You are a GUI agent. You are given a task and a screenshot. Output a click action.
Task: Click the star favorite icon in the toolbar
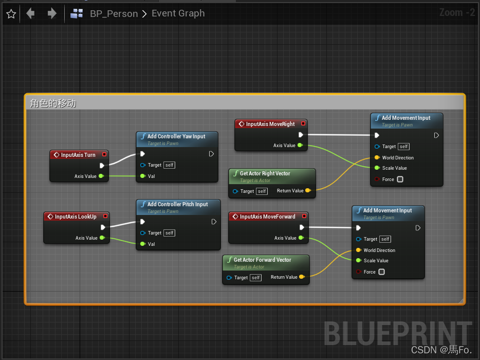(x=11, y=14)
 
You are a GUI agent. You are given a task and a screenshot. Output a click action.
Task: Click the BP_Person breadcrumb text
(x=114, y=14)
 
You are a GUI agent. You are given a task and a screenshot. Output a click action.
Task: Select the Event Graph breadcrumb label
(x=178, y=13)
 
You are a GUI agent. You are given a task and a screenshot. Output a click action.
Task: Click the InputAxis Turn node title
(x=78, y=155)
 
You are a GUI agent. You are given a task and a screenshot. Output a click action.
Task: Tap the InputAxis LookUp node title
(x=76, y=217)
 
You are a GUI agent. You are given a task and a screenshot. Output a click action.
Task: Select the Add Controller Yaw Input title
(x=176, y=136)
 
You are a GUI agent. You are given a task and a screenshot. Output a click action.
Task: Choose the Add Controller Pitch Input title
(x=178, y=204)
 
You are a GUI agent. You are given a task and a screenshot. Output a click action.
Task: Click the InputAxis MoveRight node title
(x=270, y=124)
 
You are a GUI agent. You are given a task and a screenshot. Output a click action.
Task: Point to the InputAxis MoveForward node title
(x=267, y=217)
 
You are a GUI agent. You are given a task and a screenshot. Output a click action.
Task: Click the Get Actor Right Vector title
(x=265, y=173)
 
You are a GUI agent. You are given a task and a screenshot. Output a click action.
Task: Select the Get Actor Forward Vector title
(x=262, y=260)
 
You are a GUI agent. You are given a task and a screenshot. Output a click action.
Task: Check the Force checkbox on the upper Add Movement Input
(x=400, y=179)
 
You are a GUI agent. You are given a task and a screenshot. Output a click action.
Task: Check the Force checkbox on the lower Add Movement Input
(x=381, y=272)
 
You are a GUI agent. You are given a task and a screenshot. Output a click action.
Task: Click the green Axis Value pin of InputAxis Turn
(x=101, y=176)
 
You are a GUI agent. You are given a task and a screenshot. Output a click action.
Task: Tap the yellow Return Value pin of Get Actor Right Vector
(x=308, y=191)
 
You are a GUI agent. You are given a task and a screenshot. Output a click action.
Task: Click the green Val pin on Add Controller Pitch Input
(x=142, y=244)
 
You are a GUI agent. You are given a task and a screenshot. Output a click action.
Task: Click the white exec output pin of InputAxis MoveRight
(x=301, y=135)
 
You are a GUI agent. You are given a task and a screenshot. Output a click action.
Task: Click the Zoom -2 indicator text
(x=457, y=12)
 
